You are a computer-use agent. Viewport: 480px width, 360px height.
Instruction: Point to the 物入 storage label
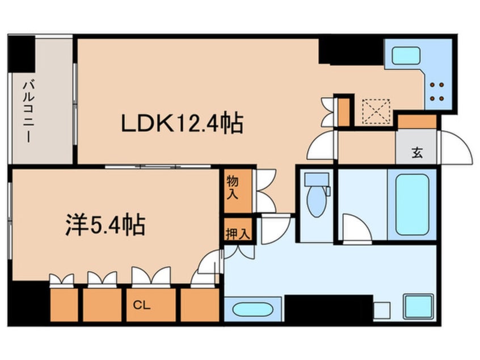pyautogui.click(x=233, y=187)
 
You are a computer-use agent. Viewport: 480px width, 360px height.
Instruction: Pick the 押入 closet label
pyautogui.click(x=233, y=232)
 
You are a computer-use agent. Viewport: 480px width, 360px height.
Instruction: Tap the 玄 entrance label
pyautogui.click(x=417, y=152)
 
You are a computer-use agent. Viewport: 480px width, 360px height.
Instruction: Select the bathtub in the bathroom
pyautogui.click(x=412, y=204)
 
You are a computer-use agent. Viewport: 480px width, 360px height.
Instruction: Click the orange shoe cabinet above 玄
pyautogui.click(x=417, y=122)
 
